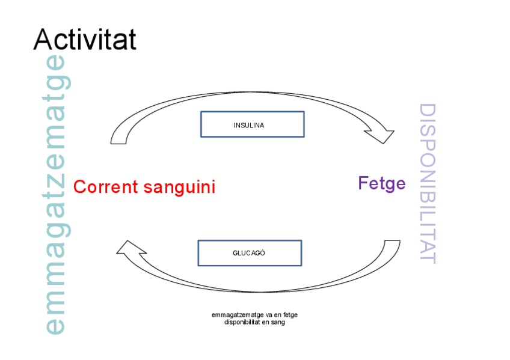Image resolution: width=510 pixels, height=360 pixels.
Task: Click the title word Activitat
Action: point(85,40)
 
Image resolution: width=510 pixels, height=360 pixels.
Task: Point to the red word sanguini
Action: point(179,188)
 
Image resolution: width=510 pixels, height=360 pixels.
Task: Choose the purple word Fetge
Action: point(382,183)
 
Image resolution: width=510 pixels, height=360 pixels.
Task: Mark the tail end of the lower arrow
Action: point(392,244)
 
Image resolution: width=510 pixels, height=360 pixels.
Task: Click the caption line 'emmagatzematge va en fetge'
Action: point(254,314)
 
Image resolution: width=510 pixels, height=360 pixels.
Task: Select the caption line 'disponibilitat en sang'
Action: point(254,322)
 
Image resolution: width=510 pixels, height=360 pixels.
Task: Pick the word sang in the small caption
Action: point(278,322)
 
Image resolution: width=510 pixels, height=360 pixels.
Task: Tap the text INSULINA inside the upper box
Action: point(249,126)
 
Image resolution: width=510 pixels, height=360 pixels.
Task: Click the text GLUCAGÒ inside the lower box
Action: point(249,253)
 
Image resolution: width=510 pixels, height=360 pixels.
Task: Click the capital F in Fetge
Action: point(363,183)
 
